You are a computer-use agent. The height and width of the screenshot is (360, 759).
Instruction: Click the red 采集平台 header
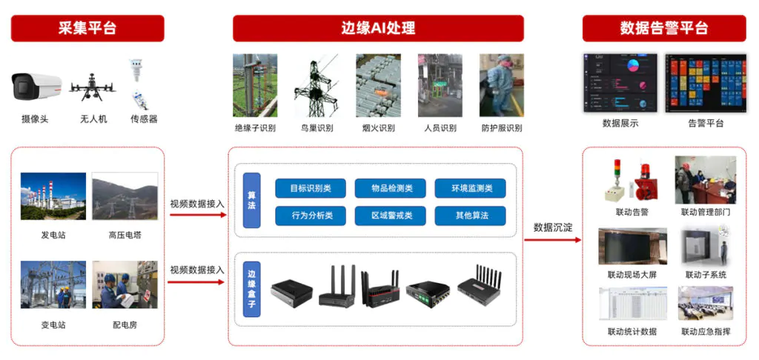[87, 28]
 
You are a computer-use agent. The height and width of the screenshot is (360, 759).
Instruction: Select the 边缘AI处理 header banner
[378, 28]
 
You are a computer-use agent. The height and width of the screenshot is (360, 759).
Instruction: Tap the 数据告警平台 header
[664, 28]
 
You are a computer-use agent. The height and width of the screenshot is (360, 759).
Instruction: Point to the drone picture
[93, 87]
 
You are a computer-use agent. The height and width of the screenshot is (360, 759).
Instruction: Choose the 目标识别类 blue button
[311, 188]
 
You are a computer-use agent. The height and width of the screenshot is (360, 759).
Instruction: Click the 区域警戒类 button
[390, 216]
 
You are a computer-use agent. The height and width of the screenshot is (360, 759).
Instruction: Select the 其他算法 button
[470, 216]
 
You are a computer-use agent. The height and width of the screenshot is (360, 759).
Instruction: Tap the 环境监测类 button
[470, 188]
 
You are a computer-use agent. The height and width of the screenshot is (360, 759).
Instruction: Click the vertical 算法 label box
[252, 200]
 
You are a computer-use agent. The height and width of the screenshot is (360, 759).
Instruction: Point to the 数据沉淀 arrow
[552, 240]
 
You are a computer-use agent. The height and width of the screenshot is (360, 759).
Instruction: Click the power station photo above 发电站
[53, 196]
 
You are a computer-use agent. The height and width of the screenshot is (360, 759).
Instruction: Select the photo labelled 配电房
[125, 284]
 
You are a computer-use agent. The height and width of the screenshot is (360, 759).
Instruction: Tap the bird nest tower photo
[316, 85]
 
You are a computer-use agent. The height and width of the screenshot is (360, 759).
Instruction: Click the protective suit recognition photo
[502, 85]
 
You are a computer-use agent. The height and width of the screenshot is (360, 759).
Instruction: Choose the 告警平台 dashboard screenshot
[706, 83]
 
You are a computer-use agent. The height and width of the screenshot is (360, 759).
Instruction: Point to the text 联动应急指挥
[706, 332]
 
